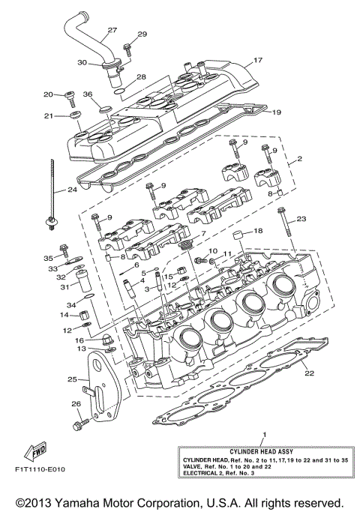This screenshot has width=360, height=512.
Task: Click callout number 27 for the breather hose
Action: (112, 31)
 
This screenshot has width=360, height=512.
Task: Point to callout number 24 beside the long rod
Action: (72, 190)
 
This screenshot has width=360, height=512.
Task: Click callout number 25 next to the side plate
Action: (72, 380)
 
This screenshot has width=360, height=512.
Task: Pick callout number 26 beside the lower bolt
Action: (75, 404)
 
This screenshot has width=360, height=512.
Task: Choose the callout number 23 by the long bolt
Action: (302, 220)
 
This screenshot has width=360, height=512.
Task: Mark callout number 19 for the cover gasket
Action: (276, 112)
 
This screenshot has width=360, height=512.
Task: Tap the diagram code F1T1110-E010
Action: (40, 471)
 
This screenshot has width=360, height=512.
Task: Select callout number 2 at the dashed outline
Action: (299, 160)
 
